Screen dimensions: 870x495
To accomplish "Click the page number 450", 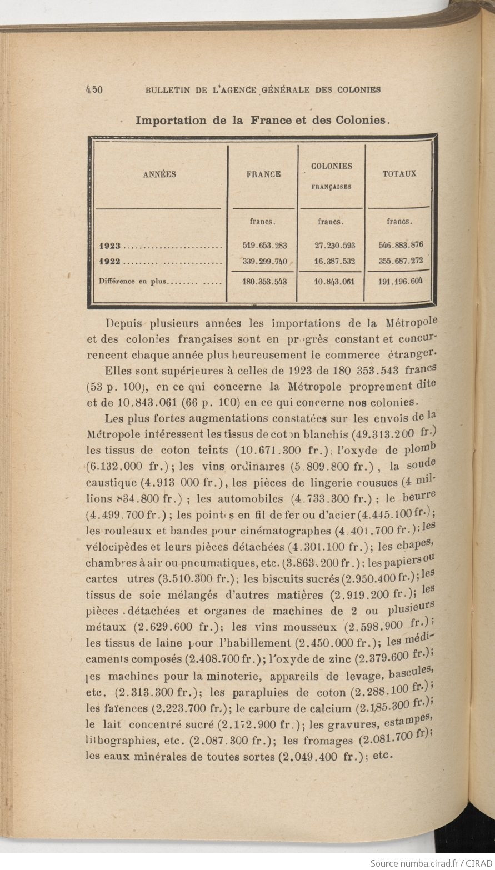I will click(x=93, y=89).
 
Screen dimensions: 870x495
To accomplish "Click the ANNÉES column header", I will click(x=159, y=174).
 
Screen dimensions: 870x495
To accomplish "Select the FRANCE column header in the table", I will click(x=263, y=174).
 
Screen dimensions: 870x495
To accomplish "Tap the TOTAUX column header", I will click(x=399, y=173).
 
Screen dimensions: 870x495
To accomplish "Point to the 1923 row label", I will click(x=111, y=245).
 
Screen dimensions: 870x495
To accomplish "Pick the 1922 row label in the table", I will click(x=111, y=261).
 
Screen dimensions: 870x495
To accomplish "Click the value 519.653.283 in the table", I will click(x=264, y=245).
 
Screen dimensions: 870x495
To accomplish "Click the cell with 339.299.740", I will click(x=264, y=261).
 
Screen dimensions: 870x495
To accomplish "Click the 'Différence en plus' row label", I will click(x=133, y=281).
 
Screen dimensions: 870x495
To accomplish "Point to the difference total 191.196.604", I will click(x=401, y=281).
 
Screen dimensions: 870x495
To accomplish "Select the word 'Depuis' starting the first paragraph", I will click(x=123, y=323).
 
